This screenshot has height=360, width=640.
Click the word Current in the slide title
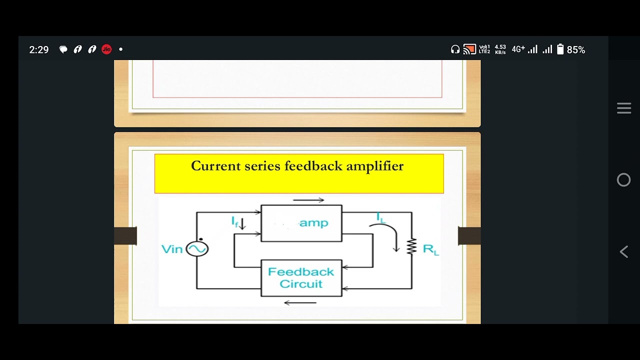click(x=216, y=166)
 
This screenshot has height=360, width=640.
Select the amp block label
click(x=313, y=223)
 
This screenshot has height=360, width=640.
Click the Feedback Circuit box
click(x=301, y=278)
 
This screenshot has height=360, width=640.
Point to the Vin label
click(x=172, y=249)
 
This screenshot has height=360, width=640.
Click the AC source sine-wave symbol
click(x=197, y=248)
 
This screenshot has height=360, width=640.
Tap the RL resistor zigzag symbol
click(x=411, y=246)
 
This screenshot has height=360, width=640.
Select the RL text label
click(x=430, y=249)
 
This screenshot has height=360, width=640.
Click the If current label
click(x=234, y=221)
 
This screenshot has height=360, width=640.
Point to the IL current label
click(x=381, y=217)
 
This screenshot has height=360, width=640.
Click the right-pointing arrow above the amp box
click(x=308, y=200)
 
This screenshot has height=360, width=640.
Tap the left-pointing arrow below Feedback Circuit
click(x=300, y=302)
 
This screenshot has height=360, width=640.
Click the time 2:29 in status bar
click(x=39, y=49)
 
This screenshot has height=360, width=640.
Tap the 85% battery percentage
click(x=576, y=49)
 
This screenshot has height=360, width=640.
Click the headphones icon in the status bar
click(x=455, y=49)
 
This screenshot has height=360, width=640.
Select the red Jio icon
click(x=106, y=49)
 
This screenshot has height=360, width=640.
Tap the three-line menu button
click(x=623, y=108)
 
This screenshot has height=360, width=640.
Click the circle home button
click(x=623, y=180)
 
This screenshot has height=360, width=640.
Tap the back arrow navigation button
click(x=623, y=251)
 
